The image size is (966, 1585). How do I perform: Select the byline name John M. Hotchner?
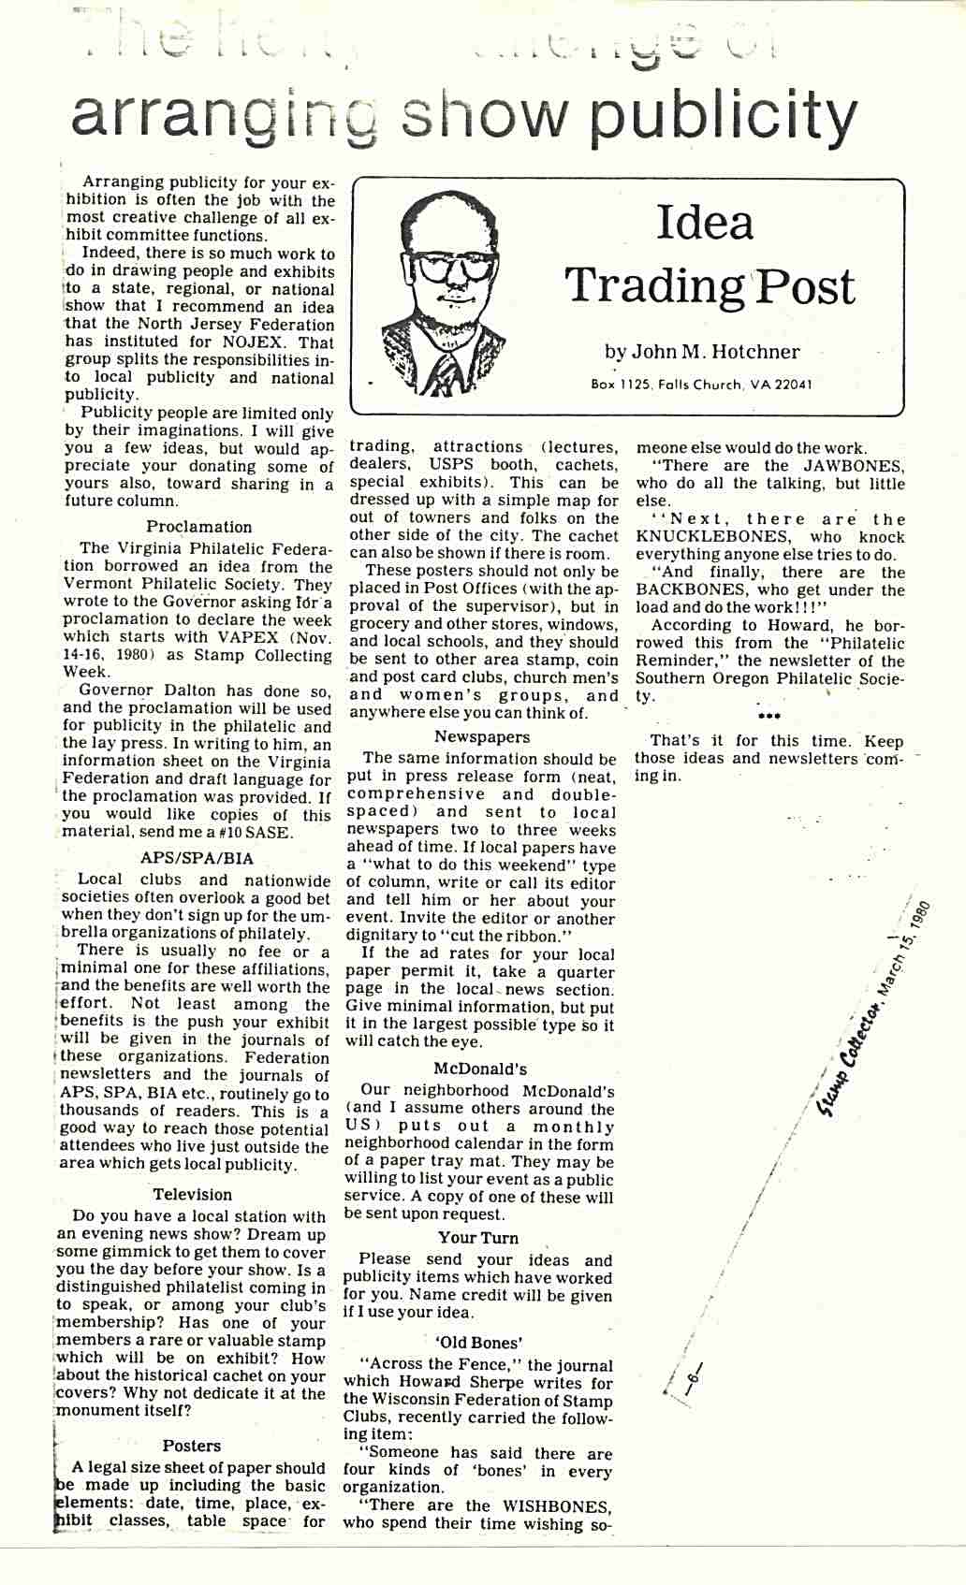coord(714,352)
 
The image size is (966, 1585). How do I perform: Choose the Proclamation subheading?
coord(198,527)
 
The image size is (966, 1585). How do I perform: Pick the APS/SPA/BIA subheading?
coord(197,858)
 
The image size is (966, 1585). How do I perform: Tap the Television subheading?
coord(192,1195)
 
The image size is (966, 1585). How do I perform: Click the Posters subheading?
coord(192,1446)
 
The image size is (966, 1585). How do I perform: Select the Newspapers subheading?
coord(482,737)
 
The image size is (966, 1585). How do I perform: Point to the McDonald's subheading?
coord(480,1069)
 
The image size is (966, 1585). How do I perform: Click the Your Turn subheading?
coord(477,1238)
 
